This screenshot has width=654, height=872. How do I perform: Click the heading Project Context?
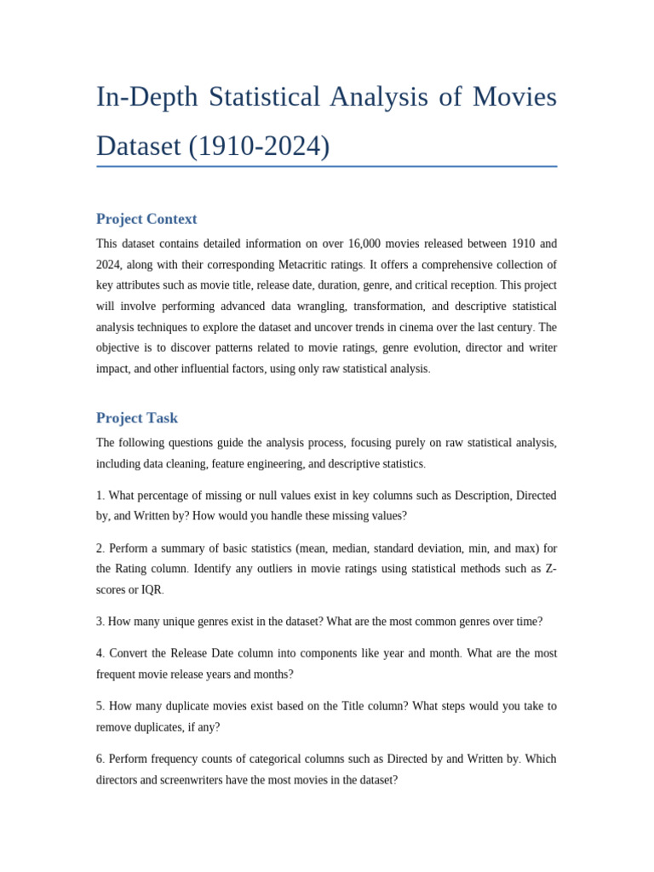146,219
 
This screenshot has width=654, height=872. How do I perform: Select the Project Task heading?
137,418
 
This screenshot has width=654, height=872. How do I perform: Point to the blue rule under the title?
326,166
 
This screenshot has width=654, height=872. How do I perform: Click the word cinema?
385,327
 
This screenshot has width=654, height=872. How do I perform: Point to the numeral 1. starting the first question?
100,496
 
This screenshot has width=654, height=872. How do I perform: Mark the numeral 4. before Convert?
100,654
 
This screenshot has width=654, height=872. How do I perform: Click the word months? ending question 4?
272,674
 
